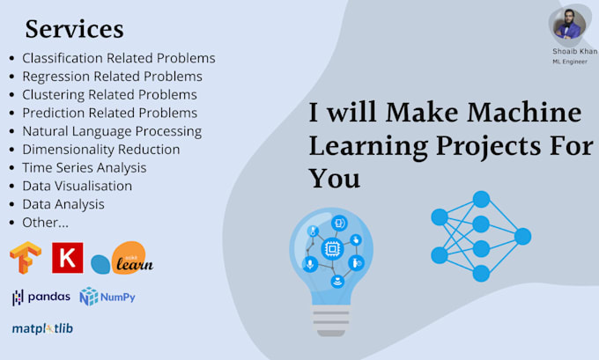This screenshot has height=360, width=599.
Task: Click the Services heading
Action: click(x=74, y=29)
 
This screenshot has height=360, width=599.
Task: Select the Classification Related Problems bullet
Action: click(x=118, y=58)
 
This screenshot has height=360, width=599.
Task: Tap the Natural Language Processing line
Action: click(x=112, y=131)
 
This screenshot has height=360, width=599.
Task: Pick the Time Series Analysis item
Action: click(x=85, y=167)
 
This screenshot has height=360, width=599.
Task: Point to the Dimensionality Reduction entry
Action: click(x=101, y=150)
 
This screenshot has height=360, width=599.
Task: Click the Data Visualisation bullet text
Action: click(x=78, y=186)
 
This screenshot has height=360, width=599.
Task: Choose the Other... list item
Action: click(x=45, y=222)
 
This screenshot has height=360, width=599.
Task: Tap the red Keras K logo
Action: click(x=68, y=257)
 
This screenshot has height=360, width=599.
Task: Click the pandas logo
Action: click(x=41, y=298)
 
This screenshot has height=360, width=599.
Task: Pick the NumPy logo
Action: click(x=107, y=298)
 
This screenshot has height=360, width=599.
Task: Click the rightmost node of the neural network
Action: click(x=522, y=236)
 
